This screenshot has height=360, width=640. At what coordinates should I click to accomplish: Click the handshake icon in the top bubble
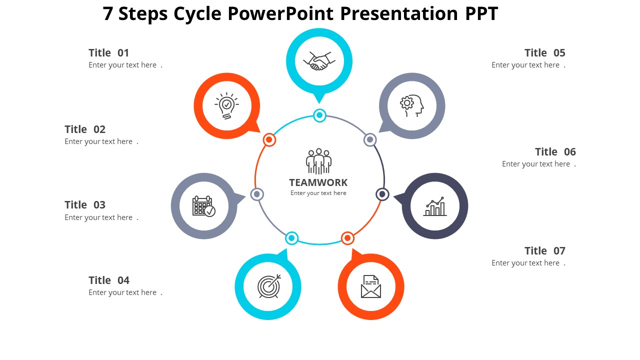[x=319, y=61]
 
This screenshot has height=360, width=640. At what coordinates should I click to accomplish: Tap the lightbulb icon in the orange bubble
[x=226, y=105]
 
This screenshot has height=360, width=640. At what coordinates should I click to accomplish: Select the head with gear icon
[x=411, y=105]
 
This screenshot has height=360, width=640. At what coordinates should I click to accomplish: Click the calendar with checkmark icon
[x=203, y=206]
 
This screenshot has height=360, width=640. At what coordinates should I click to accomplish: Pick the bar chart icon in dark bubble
[x=434, y=206]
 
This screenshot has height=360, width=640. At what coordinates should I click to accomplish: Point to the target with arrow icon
[x=268, y=286]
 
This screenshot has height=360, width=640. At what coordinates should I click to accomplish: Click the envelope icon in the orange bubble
[x=370, y=286]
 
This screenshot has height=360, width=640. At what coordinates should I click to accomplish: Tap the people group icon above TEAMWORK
[x=318, y=161]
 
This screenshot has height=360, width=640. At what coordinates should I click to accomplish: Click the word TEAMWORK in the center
[x=318, y=182]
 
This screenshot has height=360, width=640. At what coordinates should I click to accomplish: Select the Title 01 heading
[x=108, y=53]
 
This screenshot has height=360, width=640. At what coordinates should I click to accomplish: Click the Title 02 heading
[x=85, y=129]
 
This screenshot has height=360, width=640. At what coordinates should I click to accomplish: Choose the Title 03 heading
[x=85, y=205]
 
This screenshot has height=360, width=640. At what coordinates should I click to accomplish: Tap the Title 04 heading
[x=108, y=280]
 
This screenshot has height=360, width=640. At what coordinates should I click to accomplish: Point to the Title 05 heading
[x=544, y=53]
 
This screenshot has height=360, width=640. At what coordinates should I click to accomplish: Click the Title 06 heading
[x=555, y=152]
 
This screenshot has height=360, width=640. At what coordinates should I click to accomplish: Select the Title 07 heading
[x=544, y=251]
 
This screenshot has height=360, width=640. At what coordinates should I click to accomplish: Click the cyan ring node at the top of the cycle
[x=319, y=115]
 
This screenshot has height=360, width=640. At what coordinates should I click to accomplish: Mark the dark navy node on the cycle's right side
[x=382, y=194]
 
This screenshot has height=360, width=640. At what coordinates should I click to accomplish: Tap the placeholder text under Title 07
[x=525, y=263]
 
